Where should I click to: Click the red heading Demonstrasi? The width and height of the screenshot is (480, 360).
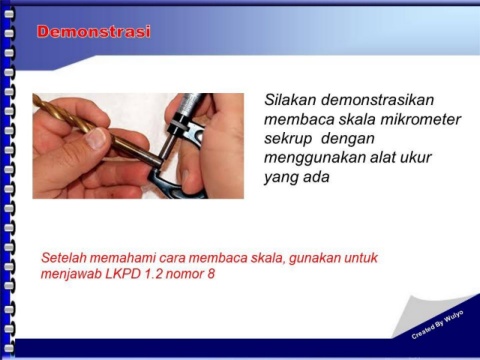click(94, 32)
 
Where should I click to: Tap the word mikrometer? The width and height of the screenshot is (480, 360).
click(421, 119)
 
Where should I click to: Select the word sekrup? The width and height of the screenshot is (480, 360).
click(288, 139)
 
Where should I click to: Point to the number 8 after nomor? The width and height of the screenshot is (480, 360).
click(211, 274)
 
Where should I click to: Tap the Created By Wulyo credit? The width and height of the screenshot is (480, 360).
click(437, 325)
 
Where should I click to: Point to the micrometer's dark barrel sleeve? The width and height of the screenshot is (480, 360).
click(189, 104)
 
